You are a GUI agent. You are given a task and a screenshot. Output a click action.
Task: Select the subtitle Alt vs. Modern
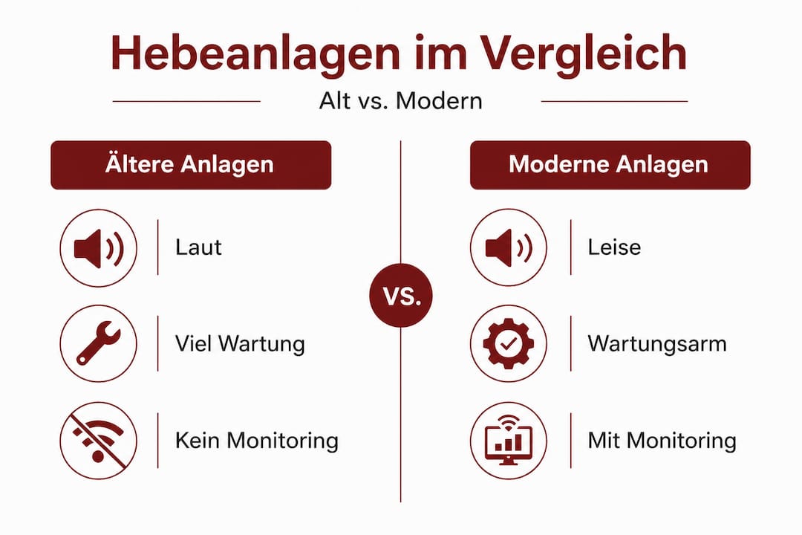400,100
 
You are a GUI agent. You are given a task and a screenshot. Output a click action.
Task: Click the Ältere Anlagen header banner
191,165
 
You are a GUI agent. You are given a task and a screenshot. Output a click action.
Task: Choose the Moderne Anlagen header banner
610,165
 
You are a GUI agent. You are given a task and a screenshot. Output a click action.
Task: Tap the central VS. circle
401,296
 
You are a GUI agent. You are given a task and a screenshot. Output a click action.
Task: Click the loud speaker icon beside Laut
99,248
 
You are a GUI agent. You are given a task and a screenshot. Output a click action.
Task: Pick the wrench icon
99,343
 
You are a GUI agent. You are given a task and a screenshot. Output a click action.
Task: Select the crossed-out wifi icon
99,441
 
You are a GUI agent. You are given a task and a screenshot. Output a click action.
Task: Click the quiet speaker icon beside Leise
509,247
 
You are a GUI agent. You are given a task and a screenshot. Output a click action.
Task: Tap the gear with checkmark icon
509,343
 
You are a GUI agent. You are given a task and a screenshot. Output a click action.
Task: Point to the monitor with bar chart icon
509,441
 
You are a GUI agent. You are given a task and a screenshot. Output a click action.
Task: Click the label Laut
198,247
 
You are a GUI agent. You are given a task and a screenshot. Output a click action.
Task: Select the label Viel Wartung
240,343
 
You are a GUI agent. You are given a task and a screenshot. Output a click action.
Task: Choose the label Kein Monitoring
257,441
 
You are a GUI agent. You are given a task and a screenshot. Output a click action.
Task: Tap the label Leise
614,247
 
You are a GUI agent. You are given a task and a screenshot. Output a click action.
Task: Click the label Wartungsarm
657,343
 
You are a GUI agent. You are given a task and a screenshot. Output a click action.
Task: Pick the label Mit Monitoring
662,441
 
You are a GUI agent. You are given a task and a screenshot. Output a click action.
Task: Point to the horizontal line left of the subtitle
186,101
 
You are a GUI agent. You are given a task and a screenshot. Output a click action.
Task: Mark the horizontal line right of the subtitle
614,101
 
